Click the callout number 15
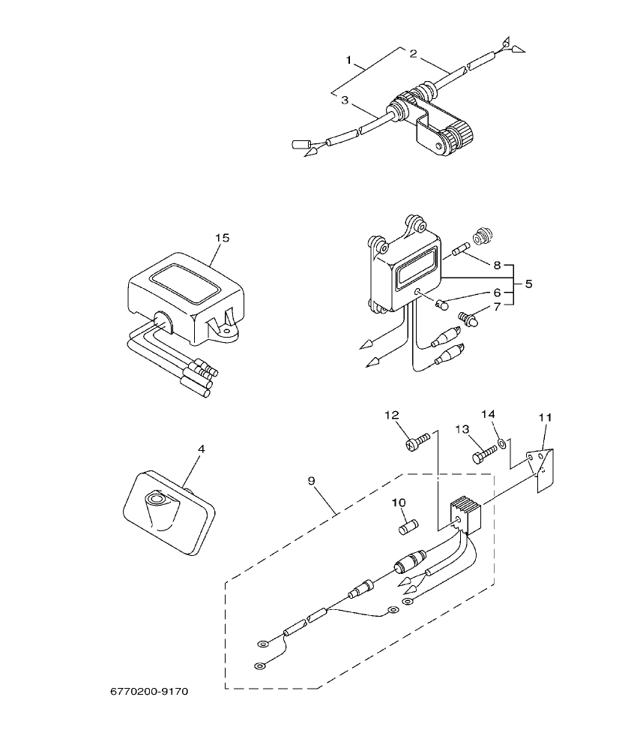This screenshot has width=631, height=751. [x=222, y=238]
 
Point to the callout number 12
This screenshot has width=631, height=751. [x=393, y=415]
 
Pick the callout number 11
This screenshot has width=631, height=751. [x=545, y=416]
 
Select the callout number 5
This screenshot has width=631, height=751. [x=528, y=284]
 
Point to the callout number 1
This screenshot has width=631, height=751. [x=349, y=59]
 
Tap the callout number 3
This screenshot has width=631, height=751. [x=344, y=100]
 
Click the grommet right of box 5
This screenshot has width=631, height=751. [x=483, y=234]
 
